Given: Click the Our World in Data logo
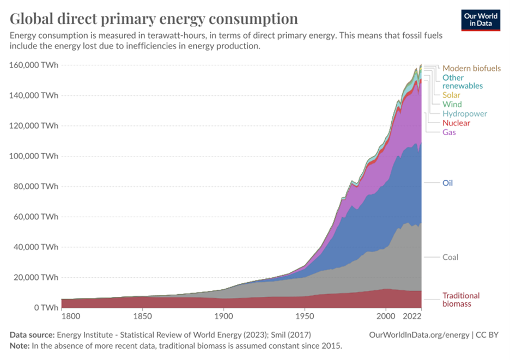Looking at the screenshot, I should [481, 20].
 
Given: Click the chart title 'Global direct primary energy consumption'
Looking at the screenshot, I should [154, 19].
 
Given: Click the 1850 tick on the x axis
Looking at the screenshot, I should [142, 315].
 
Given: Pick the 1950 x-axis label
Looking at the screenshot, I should [304, 315].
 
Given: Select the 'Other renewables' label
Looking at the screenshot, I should [462, 82].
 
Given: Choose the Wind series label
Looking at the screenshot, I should [452, 105].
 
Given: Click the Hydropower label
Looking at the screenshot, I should [464, 114].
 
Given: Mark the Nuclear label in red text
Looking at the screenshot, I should [456, 123].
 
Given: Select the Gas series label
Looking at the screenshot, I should [449, 132].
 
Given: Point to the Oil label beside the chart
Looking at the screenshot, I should [447, 183].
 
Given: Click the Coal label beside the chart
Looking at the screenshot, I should [450, 257].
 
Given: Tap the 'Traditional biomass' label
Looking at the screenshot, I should [460, 300].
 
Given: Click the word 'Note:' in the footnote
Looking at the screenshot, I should [21, 346].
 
